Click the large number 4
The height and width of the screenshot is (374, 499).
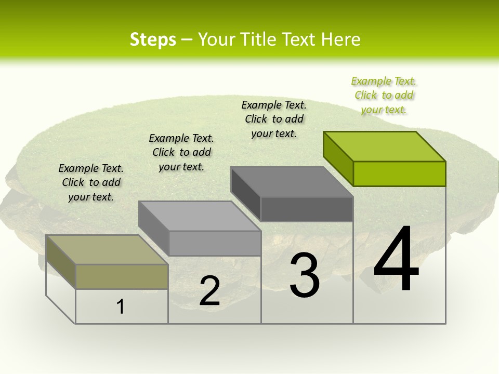396,260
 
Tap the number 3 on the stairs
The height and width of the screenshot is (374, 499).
305,275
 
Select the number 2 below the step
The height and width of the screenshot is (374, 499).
209,291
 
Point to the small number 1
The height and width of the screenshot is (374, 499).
121,307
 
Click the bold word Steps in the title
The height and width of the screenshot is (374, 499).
153,39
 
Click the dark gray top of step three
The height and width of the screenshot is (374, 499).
291,181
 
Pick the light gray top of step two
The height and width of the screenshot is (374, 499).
200,216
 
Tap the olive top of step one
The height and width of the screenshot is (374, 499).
107,249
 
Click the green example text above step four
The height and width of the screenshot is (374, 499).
384,95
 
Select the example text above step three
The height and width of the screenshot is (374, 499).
274,119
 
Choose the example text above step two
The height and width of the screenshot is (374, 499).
181,152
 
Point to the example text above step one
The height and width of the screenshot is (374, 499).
91,182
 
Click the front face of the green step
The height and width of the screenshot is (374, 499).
399,173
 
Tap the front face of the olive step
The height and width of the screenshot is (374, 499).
122,276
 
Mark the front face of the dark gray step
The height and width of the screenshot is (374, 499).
307,209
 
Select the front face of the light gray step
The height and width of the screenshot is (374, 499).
215,243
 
